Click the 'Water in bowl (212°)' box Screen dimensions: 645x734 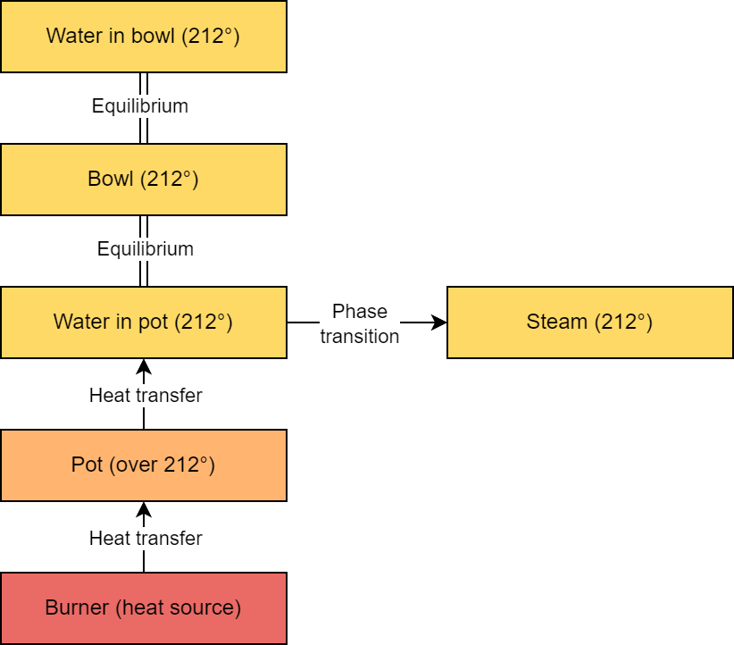tap(143, 37)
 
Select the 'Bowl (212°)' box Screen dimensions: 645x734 tap(143, 179)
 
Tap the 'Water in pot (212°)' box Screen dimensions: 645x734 tap(143, 322)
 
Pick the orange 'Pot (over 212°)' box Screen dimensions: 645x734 tap(143, 465)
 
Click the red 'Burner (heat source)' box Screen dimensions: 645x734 tap(143, 608)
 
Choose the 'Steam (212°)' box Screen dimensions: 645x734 tap(589, 322)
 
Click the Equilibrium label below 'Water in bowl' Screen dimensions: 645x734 tap(140, 106)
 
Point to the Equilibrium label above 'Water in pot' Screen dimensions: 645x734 tap(145, 249)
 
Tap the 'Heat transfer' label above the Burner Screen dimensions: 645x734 tap(146, 539)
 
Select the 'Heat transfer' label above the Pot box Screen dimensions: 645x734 tap(146, 395)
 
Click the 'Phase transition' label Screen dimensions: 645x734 tap(360, 323)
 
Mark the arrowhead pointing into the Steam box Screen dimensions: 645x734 tap(438, 322)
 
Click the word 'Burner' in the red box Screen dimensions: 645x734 tap(77, 608)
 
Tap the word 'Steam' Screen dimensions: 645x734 tap(557, 322)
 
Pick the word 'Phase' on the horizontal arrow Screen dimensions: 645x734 tap(360, 311)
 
